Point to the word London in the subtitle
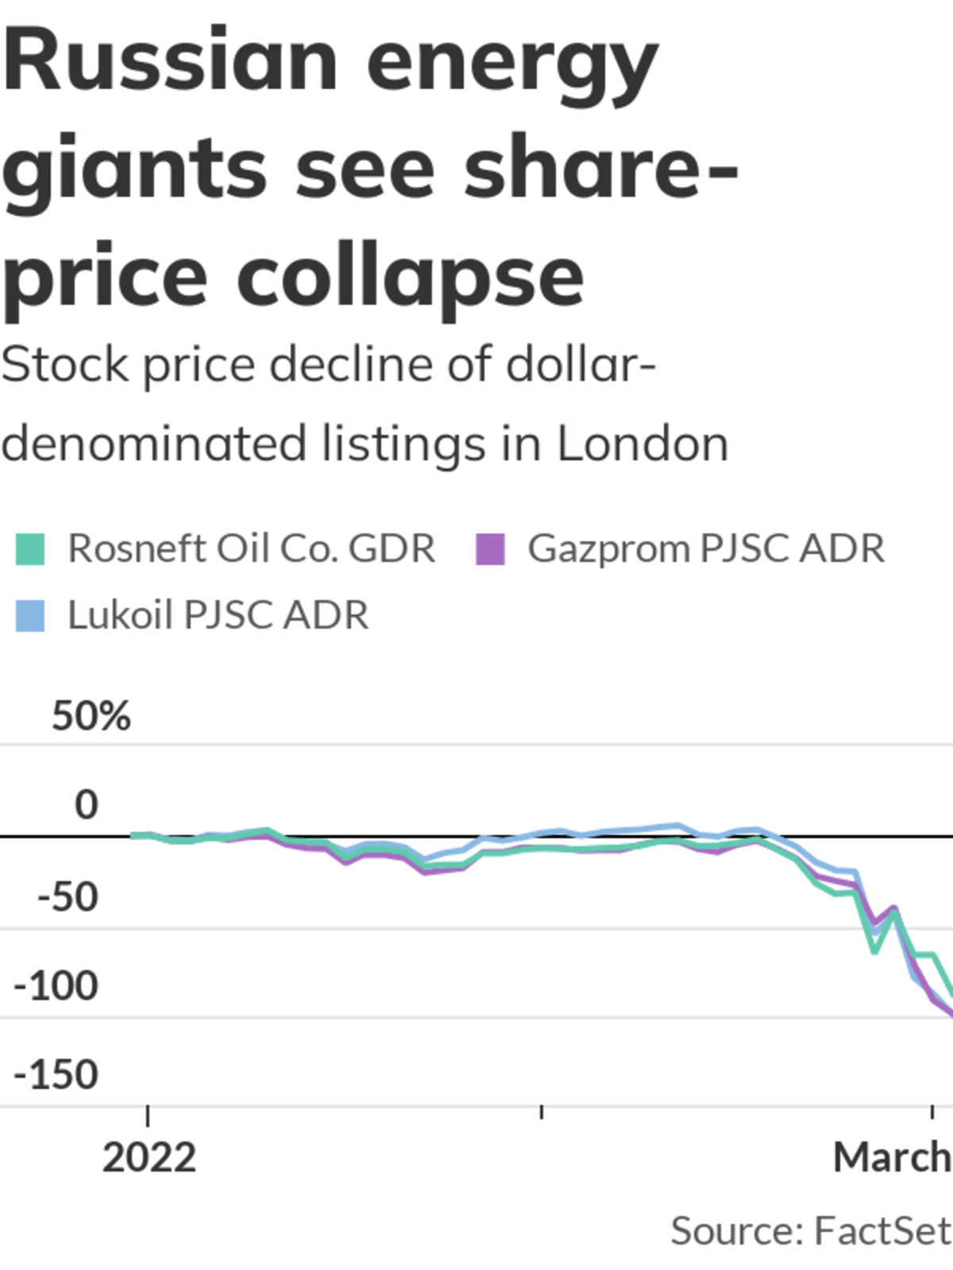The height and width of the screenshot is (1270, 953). [x=642, y=444]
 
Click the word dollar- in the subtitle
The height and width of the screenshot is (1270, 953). [x=581, y=365]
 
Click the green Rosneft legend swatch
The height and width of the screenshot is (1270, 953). [x=30, y=549]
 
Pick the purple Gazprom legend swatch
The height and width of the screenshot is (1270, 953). [x=490, y=549]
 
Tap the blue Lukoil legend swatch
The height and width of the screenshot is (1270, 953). [x=30, y=616]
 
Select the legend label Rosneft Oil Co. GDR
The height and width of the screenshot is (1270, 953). [x=251, y=548]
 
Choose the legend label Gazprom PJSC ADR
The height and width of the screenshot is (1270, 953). [x=706, y=548]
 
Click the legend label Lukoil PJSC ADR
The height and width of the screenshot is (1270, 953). [x=218, y=615]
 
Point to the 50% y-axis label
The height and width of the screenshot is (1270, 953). [x=91, y=716]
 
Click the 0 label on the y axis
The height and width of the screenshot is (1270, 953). [x=87, y=805]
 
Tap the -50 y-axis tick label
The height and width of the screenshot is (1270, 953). [x=68, y=897]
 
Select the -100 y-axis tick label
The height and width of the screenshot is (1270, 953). [x=56, y=986]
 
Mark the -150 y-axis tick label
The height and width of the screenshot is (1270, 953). [x=56, y=1075]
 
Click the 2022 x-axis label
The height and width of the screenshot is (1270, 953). [x=149, y=1158]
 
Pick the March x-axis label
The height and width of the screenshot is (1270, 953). [x=892, y=1158]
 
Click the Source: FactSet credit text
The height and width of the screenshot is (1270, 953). [x=810, y=1231]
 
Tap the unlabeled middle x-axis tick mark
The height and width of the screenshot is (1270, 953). [x=542, y=1112]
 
